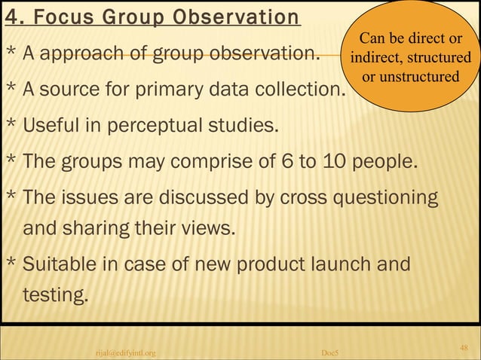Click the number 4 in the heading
click(x=11, y=17)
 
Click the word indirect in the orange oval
click(x=375, y=58)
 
